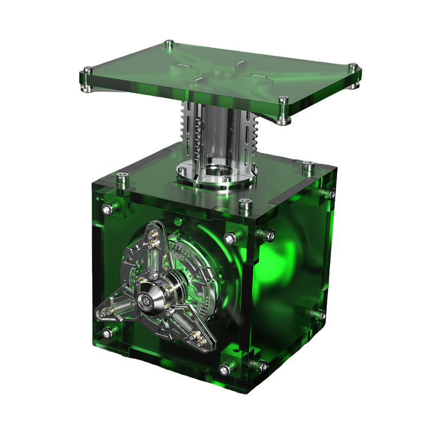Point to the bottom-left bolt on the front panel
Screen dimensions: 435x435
(x=107, y=333)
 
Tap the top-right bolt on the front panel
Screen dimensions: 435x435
(x=229, y=238)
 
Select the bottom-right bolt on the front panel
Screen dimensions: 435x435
(x=224, y=370)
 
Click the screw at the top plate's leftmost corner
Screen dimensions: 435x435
(x=87, y=71)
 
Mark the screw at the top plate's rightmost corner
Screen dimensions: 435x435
(x=354, y=69)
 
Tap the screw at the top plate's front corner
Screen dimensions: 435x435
(x=282, y=101)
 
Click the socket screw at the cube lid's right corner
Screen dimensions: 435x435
(x=308, y=165)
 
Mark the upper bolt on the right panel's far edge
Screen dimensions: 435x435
(x=328, y=194)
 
